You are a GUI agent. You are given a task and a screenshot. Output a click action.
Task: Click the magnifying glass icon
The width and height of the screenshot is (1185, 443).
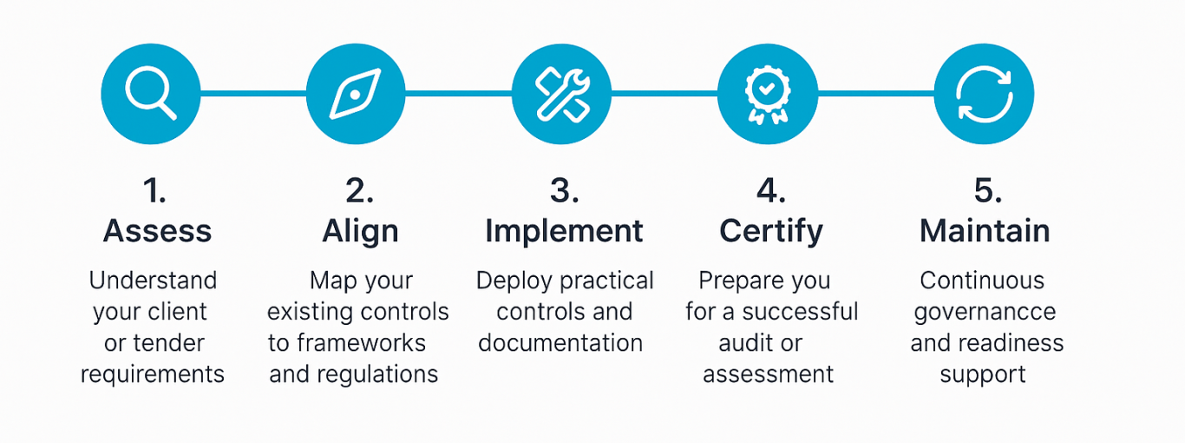click(x=150, y=94)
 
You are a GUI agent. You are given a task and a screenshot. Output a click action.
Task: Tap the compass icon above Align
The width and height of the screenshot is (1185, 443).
click(x=356, y=94)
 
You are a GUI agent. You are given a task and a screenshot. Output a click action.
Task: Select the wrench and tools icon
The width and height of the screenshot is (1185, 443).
click(x=561, y=94)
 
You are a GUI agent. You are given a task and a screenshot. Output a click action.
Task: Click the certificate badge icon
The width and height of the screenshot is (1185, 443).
click(x=767, y=94)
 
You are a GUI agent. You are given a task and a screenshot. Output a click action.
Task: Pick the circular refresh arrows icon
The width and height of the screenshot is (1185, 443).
click(x=984, y=94)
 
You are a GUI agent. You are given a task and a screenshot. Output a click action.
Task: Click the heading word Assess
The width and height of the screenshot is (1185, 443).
click(x=157, y=231)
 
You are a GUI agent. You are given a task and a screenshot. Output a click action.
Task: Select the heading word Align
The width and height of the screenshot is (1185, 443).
click(x=360, y=231)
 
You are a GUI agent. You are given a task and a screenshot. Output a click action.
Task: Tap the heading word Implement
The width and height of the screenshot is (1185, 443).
click(x=564, y=231)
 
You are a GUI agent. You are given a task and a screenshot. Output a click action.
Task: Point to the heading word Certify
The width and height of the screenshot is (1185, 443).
click(x=771, y=231)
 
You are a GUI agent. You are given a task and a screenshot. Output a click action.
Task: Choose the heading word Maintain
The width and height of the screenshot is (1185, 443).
click(x=985, y=231)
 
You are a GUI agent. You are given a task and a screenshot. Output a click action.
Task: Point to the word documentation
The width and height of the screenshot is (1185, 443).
click(x=560, y=343)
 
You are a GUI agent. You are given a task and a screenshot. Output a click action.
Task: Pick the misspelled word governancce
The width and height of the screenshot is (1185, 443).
click(x=985, y=312)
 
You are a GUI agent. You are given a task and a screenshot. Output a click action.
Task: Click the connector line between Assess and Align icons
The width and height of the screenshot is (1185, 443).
click(x=252, y=93)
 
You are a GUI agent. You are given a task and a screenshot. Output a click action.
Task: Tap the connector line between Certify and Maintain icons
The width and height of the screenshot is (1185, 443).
click(x=875, y=93)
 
